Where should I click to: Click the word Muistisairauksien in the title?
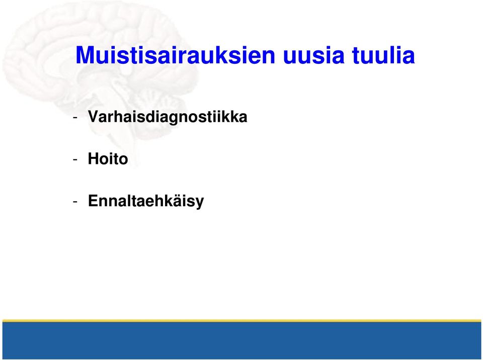pos(175,55)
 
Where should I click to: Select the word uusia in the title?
pos(313,55)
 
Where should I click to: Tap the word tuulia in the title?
pos(383,55)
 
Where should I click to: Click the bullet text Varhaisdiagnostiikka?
pos(167,117)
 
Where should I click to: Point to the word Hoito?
pos(108,159)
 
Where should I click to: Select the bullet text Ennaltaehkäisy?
pos(146,201)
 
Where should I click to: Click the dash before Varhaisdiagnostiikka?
pos(75,118)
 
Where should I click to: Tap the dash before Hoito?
pos(75,160)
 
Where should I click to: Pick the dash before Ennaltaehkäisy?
pos(75,202)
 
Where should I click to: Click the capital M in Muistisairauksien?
pos(84,55)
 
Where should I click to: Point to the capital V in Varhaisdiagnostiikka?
pos(94,117)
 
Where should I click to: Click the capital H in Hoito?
pos(94,158)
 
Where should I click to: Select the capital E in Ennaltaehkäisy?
pos(94,201)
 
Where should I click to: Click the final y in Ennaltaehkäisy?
pos(199,203)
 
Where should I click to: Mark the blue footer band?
pos(242,340)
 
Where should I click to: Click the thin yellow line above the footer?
pos(242,321)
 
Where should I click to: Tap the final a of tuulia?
pos(410,58)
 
